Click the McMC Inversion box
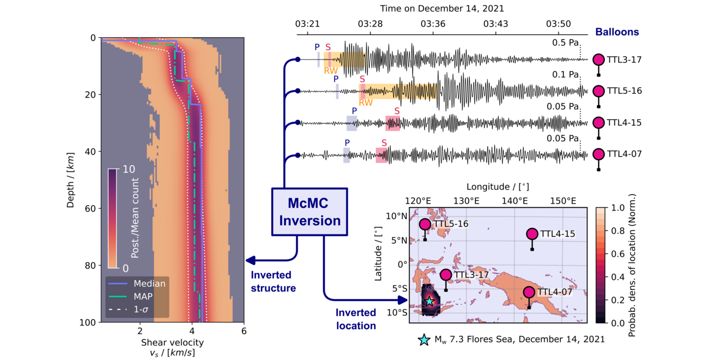307,212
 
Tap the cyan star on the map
430,301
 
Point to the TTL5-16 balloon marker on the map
425,224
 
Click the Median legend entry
149,283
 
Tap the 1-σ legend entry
144,308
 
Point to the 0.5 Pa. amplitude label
566,43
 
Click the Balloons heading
617,32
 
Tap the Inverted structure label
273,281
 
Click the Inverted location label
355,319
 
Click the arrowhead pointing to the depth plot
251,260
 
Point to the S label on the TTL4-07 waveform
384,143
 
